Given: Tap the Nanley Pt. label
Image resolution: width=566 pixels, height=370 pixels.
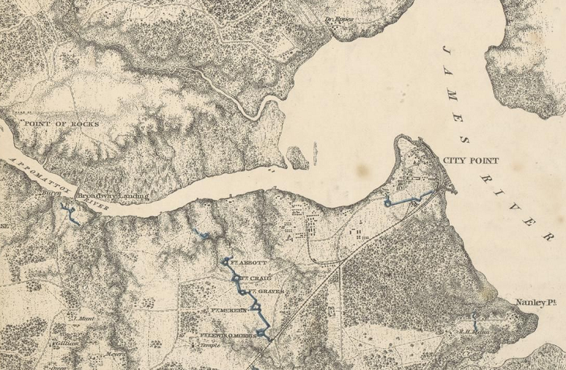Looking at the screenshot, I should click(x=534, y=303).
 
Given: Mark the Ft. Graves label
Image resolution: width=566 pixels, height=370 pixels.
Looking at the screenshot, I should click(x=264, y=292).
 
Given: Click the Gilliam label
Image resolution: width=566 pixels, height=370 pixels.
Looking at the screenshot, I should click(x=63, y=341).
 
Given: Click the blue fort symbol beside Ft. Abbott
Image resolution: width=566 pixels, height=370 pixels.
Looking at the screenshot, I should click(x=226, y=261).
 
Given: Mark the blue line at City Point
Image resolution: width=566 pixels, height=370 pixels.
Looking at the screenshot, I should click(x=406, y=201).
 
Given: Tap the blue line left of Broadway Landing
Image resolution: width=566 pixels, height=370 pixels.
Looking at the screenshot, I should click(x=71, y=213).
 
